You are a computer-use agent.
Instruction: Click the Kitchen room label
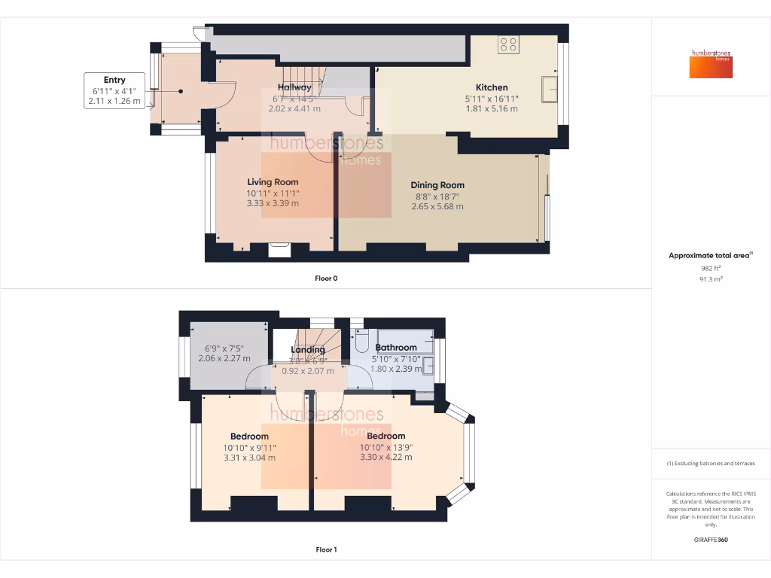tap(491, 87)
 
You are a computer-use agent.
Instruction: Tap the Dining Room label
tap(437, 185)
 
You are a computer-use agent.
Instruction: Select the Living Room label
tap(273, 182)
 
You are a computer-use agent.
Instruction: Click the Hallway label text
tap(294, 88)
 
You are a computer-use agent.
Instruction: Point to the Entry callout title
tap(114, 80)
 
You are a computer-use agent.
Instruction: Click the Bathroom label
tap(396, 348)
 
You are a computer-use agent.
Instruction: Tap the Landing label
tap(308, 350)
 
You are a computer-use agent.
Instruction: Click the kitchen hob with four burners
tap(507, 44)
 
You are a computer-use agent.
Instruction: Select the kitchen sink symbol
tap(550, 87)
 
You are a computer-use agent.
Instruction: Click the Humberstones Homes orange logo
tap(711, 64)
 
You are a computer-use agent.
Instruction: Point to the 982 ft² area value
tap(711, 268)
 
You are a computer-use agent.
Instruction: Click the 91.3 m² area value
tap(711, 278)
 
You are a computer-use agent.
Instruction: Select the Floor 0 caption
tap(326, 278)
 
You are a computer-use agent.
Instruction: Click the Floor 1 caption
tap(326, 550)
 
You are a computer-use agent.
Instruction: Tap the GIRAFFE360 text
tap(711, 540)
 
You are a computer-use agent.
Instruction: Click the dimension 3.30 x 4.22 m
tap(385, 457)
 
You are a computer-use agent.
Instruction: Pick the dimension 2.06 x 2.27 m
tap(224, 359)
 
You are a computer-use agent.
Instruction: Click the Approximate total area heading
tap(709, 256)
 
